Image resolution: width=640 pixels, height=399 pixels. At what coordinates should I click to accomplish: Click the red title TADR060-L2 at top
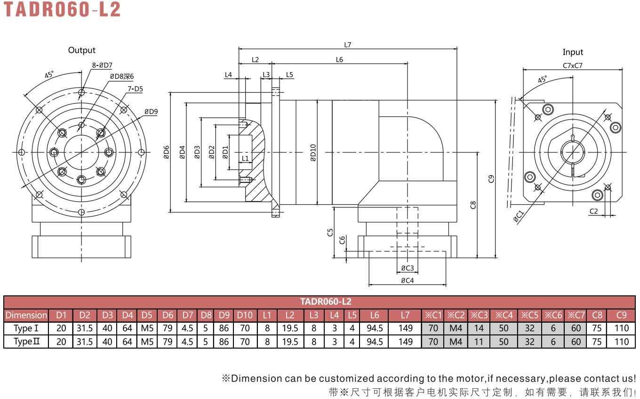coord(62,9)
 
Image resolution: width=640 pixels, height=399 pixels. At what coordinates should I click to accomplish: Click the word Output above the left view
coord(82,50)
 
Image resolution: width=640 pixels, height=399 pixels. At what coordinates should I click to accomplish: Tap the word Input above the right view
coord(573,52)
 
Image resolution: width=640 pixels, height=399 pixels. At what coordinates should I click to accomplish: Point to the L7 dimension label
coord(347,45)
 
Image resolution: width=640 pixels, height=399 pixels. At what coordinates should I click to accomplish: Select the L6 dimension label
coord(339,60)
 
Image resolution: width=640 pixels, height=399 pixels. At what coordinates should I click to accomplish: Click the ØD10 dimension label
coord(313,153)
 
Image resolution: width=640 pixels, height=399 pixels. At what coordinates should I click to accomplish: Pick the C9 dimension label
coord(491,179)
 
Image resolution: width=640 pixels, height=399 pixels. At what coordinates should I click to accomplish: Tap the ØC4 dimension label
coord(408,281)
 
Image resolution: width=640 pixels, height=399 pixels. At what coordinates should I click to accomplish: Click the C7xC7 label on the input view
coord(573,65)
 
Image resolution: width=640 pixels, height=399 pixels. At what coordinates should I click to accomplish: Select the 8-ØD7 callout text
coord(102,65)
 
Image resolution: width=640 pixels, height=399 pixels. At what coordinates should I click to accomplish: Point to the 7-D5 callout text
coord(135,89)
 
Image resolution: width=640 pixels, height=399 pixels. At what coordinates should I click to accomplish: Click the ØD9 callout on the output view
coord(151,112)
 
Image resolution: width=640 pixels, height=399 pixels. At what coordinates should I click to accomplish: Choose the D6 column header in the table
coord(168,315)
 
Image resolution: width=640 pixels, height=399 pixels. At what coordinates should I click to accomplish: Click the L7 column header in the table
coord(405,315)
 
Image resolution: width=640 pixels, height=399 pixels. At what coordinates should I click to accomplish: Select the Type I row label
coord(26,328)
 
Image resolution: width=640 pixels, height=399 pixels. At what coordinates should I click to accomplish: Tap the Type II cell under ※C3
coord(479,342)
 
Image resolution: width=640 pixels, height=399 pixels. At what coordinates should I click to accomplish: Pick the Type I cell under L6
coord(375,328)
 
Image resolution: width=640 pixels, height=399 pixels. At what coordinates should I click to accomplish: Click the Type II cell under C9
coord(622,342)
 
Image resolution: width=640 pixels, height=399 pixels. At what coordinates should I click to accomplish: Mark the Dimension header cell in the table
coord(26,315)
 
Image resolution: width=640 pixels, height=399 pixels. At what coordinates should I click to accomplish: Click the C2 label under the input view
coord(593,212)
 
